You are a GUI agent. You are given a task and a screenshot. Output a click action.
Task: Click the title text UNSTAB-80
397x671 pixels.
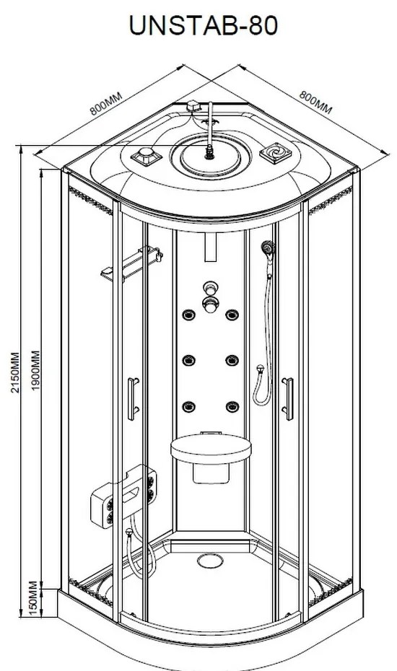[204, 26]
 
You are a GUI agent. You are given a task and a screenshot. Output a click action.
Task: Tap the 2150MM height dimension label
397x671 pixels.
[15, 373]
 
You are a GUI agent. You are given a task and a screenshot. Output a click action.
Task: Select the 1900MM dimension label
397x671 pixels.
[35, 370]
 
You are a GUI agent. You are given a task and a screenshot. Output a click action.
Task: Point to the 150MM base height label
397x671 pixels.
[34, 598]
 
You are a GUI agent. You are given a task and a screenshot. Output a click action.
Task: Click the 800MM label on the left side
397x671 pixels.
[106, 103]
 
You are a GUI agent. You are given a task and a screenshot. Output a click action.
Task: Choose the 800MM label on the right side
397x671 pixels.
[315, 102]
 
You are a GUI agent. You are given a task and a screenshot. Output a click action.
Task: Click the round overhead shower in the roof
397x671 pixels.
[210, 155]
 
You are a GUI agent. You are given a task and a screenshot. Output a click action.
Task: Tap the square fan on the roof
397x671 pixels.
[276, 153]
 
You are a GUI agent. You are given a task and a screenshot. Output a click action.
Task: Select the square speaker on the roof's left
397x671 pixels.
[146, 157]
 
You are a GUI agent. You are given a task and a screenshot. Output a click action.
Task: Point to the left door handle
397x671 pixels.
[134, 399]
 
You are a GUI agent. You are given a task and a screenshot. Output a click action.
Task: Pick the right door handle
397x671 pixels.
[288, 399]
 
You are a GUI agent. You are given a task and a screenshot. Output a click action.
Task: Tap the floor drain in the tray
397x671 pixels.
[210, 561]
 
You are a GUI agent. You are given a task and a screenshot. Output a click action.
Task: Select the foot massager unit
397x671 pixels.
[123, 496]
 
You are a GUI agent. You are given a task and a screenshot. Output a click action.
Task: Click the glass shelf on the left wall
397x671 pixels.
[131, 263]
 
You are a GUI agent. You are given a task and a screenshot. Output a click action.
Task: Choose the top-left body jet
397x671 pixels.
[188, 315]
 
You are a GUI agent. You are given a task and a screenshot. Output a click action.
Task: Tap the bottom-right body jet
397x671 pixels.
[232, 406]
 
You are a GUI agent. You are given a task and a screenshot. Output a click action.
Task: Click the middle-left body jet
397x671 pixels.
[188, 360]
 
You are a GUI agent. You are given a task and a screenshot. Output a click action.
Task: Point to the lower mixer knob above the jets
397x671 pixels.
[210, 304]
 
